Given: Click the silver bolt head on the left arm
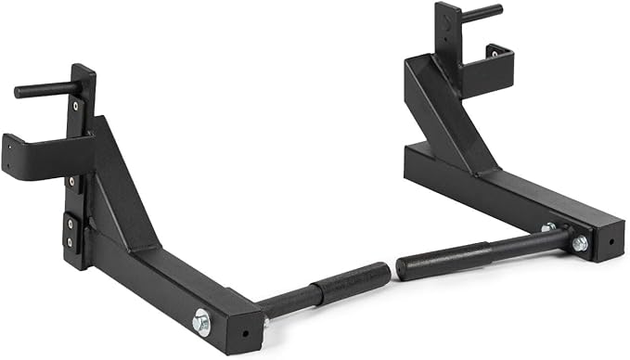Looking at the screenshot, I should tap(200, 322).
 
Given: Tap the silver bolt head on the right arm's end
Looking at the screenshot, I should tap(580, 243).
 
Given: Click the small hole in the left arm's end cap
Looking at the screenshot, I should tap(243, 331).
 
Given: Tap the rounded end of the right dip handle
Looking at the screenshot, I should tap(402, 269).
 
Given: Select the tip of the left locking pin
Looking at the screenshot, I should tap(18, 92).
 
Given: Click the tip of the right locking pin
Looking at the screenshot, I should tap(498, 9).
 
